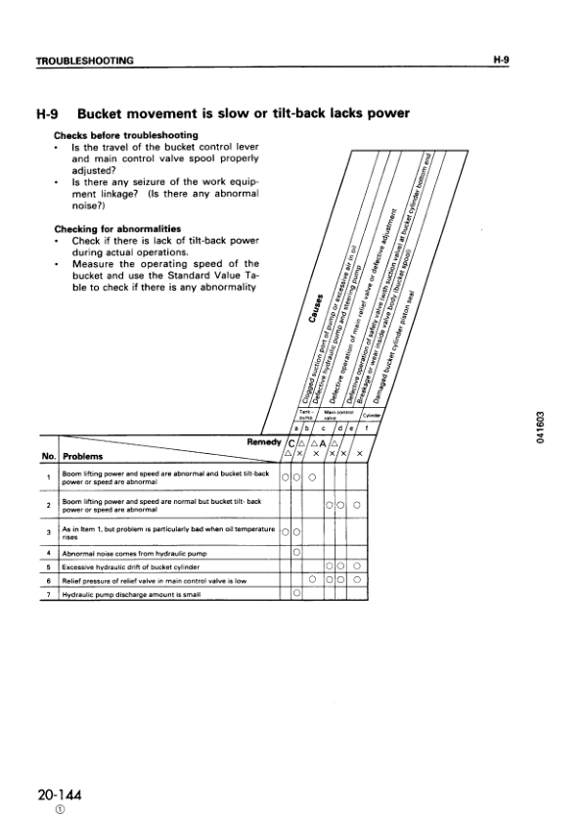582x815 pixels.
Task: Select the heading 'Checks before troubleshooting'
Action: point(126,134)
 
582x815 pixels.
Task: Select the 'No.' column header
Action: point(48,456)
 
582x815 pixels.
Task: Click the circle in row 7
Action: point(296,592)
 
